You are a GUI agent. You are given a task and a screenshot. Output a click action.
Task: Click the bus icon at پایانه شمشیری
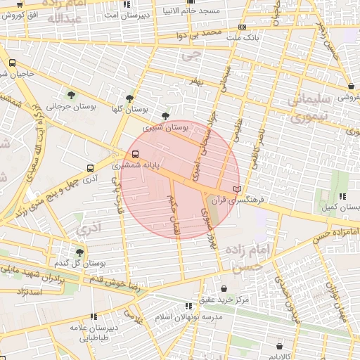click(x=134, y=155)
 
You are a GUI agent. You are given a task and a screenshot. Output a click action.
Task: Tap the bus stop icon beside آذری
click(x=89, y=168)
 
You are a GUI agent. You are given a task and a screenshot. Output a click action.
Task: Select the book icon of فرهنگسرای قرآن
click(x=237, y=189)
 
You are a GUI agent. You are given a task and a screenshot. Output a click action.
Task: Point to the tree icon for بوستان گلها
click(x=129, y=98)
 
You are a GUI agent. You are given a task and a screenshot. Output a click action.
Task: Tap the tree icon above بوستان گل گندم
click(x=79, y=252)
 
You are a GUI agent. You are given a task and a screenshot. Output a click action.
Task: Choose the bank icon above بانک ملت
click(x=243, y=27)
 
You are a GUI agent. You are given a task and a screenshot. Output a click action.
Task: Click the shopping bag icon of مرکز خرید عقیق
click(x=224, y=288)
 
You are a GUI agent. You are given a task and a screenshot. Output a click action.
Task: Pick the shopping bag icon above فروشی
click(x=351, y=86)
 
